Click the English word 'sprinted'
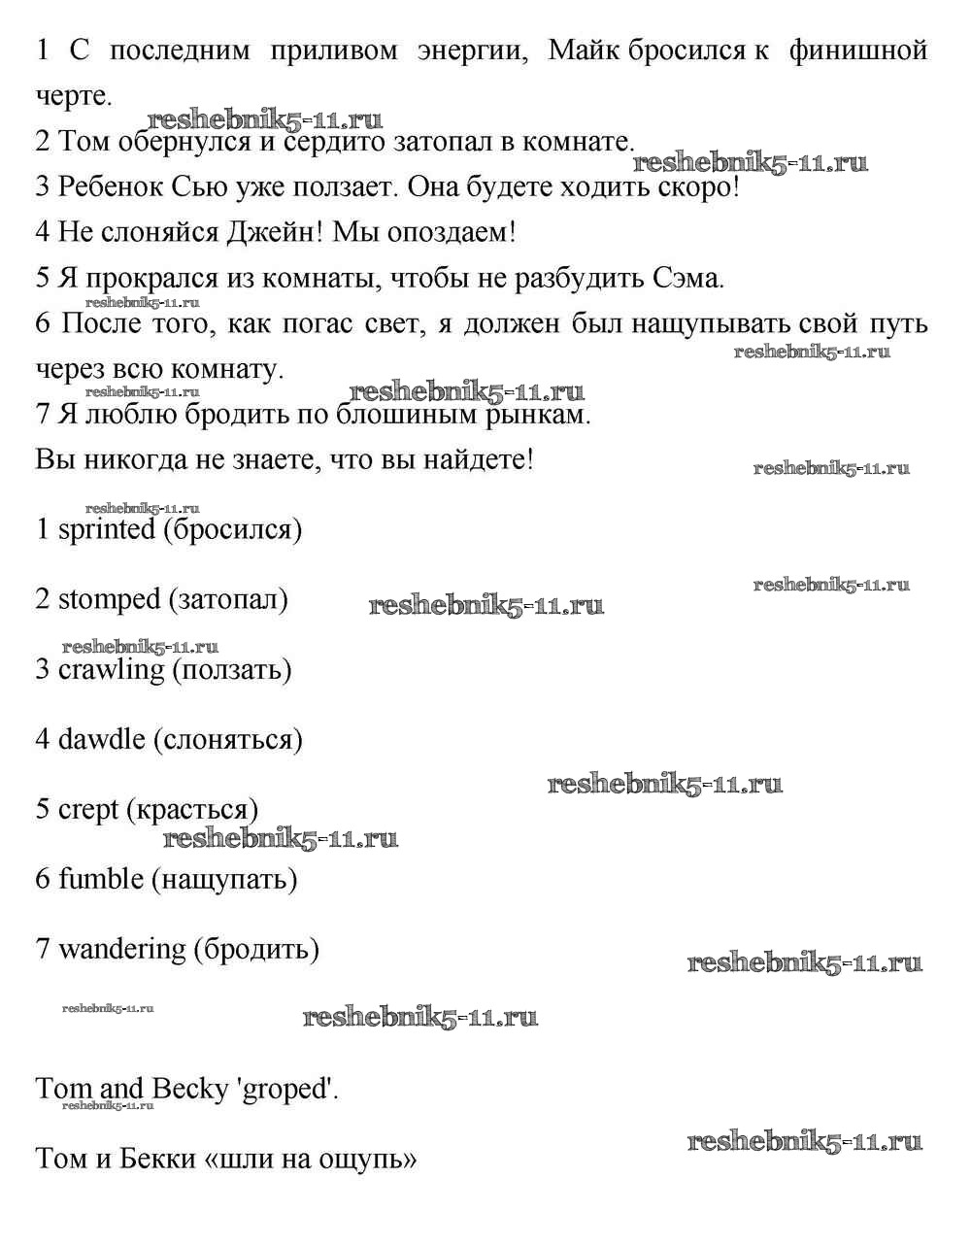(x=107, y=530)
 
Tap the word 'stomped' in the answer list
(x=109, y=600)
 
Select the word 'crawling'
(x=112, y=670)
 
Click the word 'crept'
(x=88, y=810)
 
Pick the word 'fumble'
(x=101, y=880)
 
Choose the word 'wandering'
(x=121, y=950)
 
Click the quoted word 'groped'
(x=287, y=1090)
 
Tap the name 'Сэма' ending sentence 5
(x=686, y=279)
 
